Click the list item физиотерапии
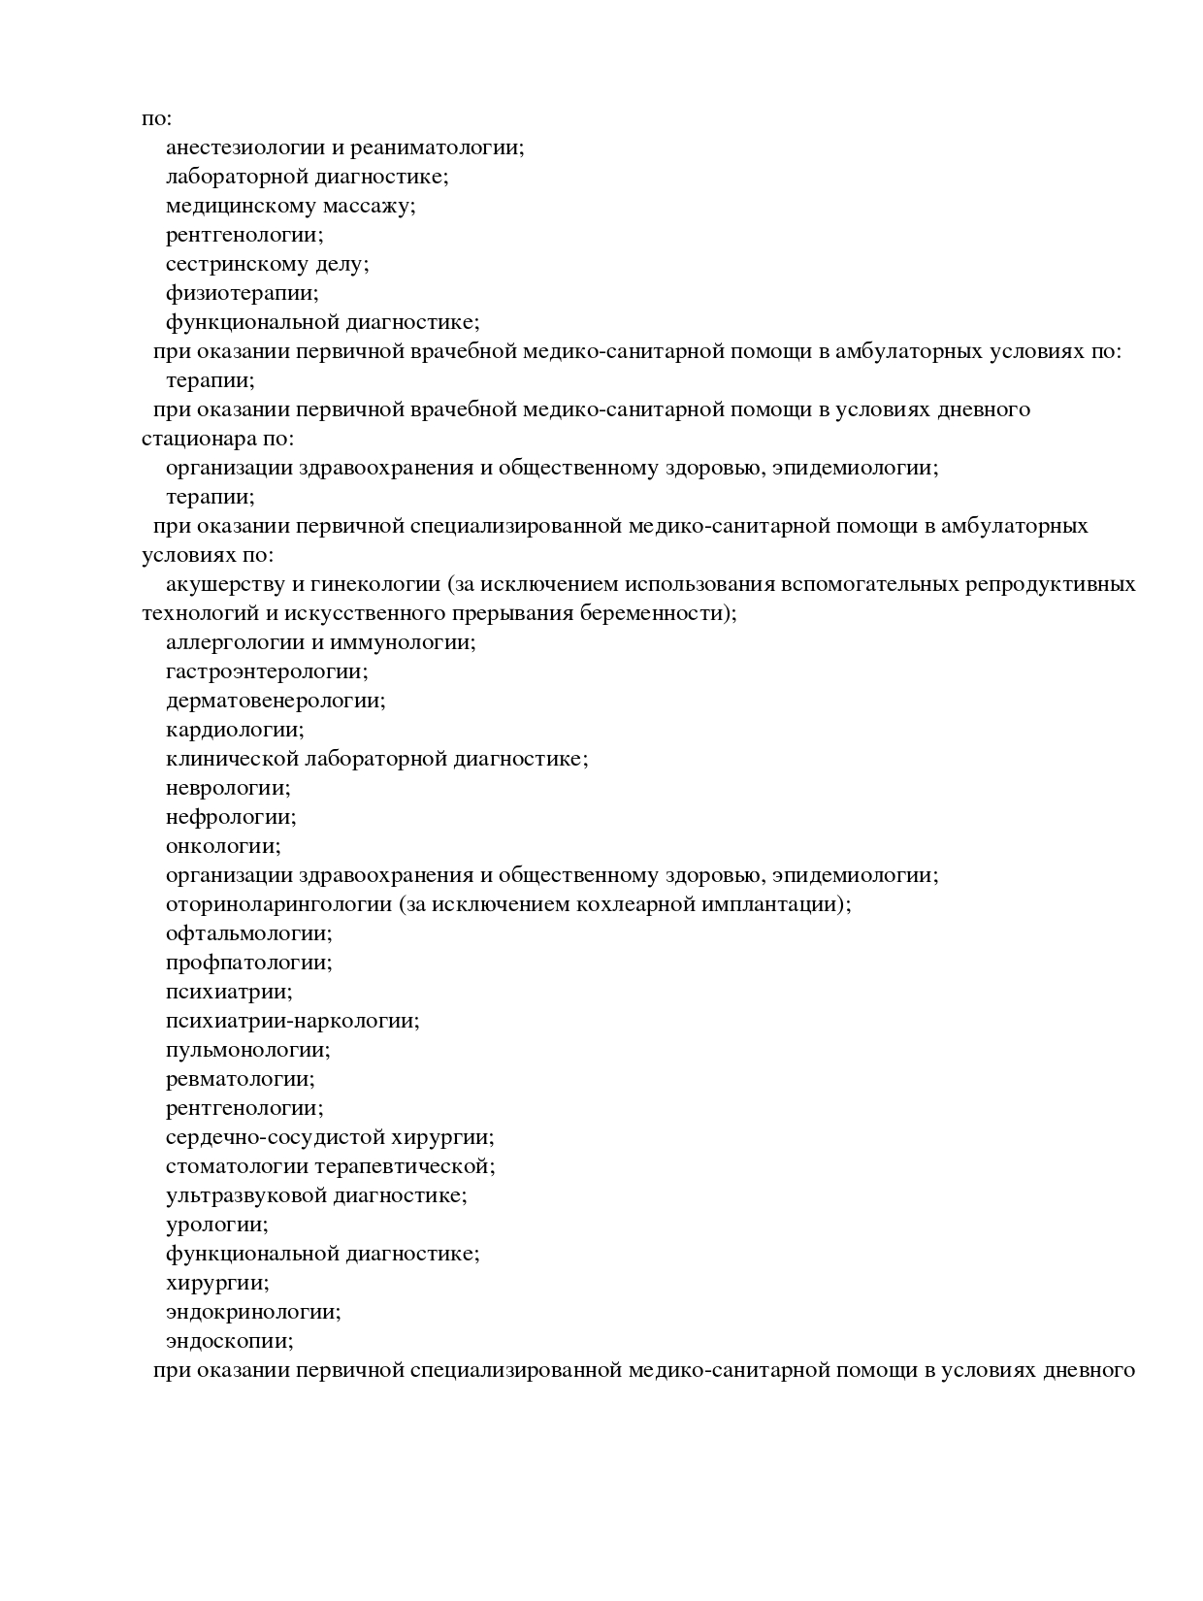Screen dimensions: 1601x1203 (x=242, y=293)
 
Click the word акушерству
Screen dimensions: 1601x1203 (x=223, y=584)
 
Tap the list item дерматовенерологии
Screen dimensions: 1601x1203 (x=276, y=701)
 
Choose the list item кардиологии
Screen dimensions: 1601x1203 (x=235, y=730)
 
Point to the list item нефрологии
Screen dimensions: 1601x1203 (x=231, y=817)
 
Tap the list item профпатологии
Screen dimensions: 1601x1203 (x=248, y=963)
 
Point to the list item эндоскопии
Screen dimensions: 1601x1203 (x=229, y=1341)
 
